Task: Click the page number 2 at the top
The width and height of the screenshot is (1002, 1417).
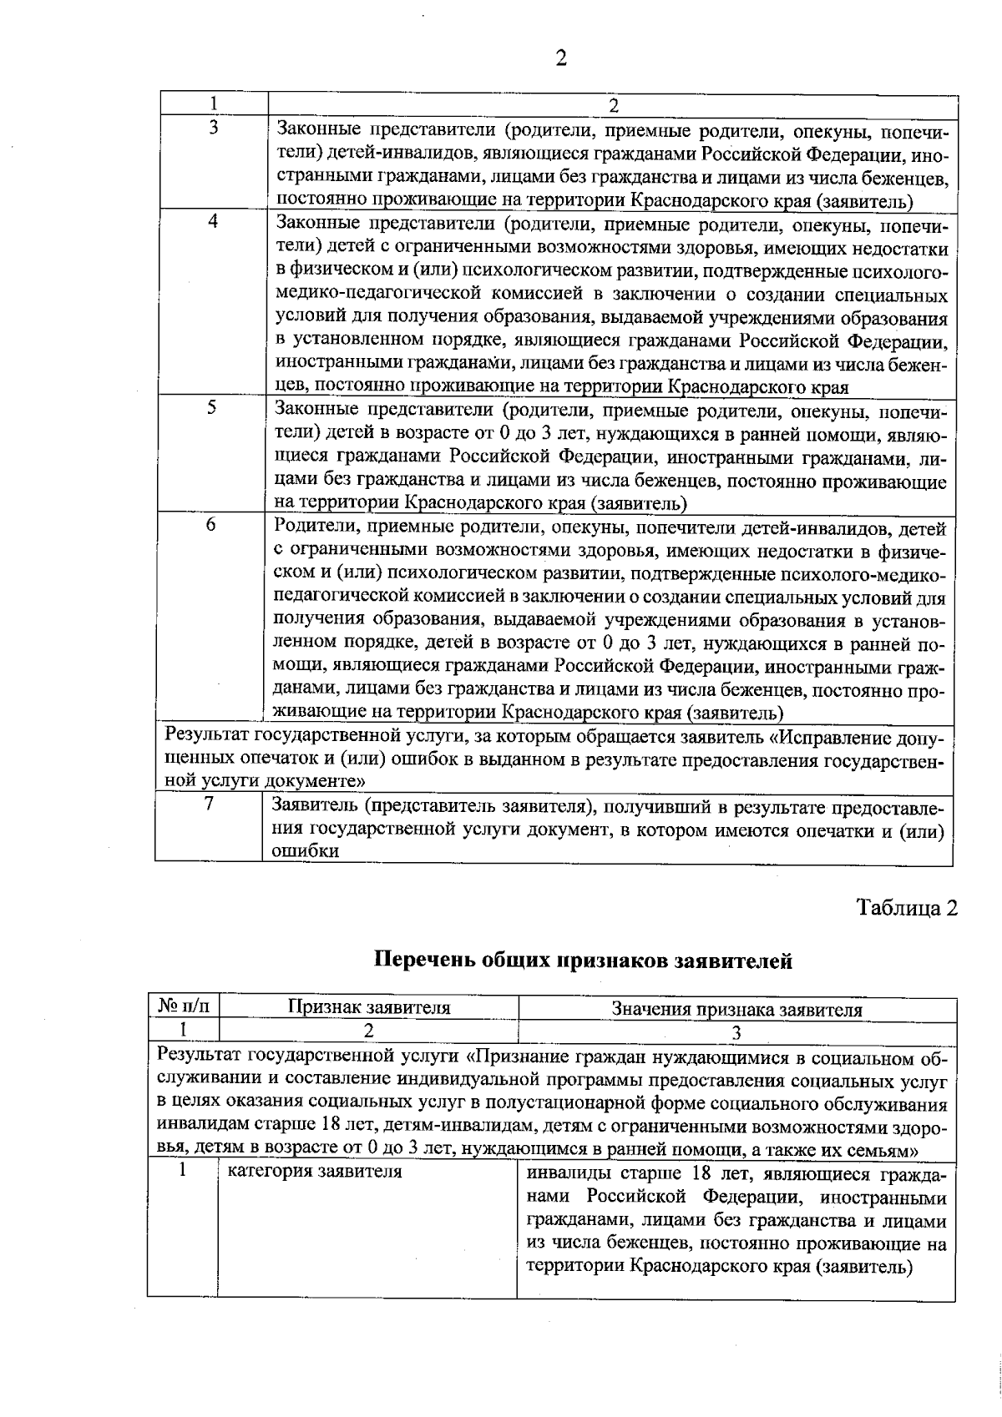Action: [560, 58]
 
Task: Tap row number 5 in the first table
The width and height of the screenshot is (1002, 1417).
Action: [212, 407]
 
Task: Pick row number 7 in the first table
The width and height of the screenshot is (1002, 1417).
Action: [209, 803]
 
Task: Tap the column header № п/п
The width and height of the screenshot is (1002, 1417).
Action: [185, 1008]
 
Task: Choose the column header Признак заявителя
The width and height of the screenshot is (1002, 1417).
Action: [368, 1008]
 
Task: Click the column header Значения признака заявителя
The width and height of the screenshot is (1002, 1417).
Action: [736, 1010]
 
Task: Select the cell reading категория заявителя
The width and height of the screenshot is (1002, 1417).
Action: [315, 1172]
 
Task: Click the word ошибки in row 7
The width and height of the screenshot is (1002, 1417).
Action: [306, 851]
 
